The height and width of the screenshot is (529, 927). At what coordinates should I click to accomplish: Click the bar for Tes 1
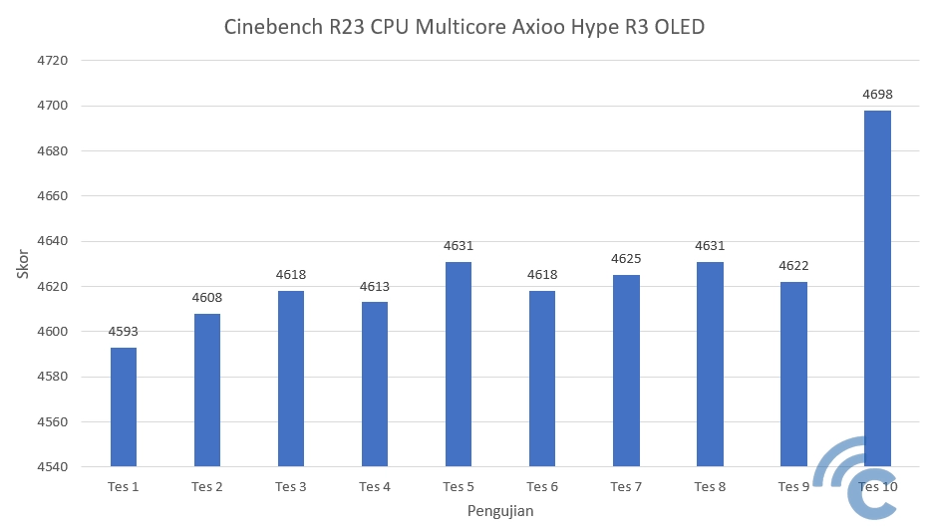click(124, 406)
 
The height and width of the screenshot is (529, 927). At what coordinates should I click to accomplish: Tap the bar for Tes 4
click(375, 384)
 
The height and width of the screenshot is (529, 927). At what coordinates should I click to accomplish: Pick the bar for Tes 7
click(626, 371)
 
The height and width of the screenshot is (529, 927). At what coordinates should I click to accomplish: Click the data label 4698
click(877, 95)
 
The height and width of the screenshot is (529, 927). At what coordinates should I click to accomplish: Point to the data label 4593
click(124, 333)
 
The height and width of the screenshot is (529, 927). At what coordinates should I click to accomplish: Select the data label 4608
click(207, 298)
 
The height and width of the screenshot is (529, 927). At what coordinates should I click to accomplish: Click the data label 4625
click(626, 259)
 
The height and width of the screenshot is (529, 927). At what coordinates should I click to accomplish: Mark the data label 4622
click(793, 266)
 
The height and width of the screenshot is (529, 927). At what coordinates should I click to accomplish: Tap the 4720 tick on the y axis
click(53, 61)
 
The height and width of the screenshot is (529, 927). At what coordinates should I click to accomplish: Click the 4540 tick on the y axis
click(53, 467)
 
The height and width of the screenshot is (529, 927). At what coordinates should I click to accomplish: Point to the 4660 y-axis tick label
click(53, 196)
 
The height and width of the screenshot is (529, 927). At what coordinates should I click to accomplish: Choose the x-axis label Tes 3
click(291, 487)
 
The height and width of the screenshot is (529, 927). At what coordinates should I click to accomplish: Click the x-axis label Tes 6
click(542, 487)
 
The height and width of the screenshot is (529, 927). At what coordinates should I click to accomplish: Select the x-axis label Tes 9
click(793, 487)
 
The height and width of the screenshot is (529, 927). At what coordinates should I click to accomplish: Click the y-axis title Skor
click(23, 263)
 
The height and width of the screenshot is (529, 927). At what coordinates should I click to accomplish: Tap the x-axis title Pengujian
click(500, 511)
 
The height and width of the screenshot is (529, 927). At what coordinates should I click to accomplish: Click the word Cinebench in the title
click(275, 27)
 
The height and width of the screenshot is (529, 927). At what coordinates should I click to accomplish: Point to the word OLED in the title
click(679, 27)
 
